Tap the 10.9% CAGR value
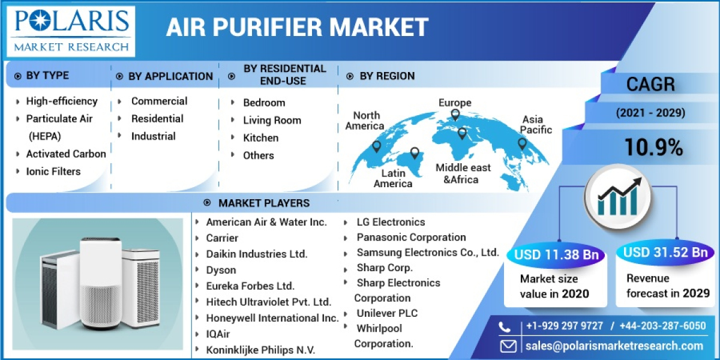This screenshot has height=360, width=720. [653, 146]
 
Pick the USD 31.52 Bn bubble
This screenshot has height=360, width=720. [665, 252]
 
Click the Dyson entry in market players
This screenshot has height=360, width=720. [221, 270]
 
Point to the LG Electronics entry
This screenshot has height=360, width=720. [391, 222]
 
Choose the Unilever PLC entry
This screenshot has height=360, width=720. [387, 313]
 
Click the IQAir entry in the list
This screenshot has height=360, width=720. [218, 334]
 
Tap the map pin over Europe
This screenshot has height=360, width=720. [455, 115]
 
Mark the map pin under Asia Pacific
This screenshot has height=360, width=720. [522, 144]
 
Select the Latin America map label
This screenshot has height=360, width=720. [393, 178]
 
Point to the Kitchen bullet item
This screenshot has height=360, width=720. [260, 137]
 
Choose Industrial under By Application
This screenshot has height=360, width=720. [153, 136]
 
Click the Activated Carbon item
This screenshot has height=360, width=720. [66, 154]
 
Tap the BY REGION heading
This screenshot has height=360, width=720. [386, 76]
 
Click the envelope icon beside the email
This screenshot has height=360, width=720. [508, 346]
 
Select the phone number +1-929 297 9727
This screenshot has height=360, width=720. [565, 326]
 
